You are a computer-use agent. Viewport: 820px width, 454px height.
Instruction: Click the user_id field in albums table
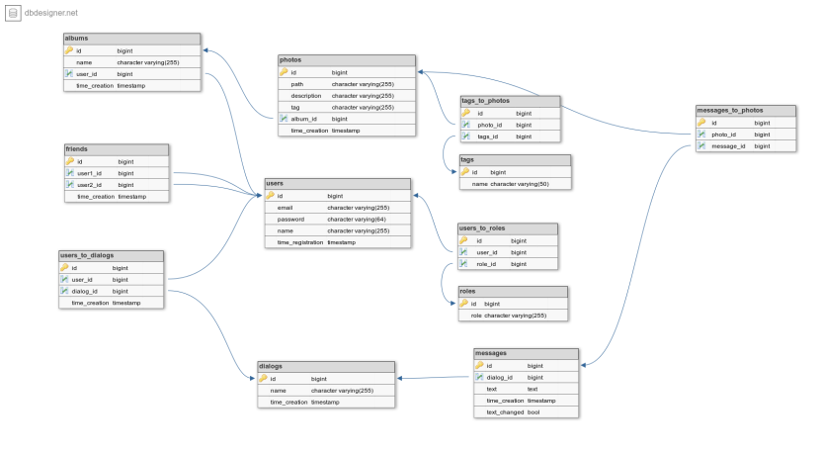pos(87,73)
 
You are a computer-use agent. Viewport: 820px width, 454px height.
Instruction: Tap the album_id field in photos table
pos(303,119)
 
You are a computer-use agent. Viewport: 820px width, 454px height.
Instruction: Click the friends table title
pos(76,149)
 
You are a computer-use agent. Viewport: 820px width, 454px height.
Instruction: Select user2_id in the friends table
pos(90,185)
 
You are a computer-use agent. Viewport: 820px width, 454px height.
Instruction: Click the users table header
pos(276,184)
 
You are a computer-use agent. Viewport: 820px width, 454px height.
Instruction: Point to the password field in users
pos(291,220)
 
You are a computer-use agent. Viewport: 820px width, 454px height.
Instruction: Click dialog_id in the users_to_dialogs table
pos(84,292)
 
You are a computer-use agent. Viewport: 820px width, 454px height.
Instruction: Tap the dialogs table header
pos(271,366)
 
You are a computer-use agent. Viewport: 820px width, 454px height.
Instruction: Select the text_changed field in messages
pos(505,412)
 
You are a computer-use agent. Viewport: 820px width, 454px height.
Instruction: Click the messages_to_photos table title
pos(730,110)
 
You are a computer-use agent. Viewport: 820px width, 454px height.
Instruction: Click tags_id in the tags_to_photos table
pos(488,136)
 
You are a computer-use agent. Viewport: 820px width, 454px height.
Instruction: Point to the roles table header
pos(468,292)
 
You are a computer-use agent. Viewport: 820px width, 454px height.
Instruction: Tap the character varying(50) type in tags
pos(517,184)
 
